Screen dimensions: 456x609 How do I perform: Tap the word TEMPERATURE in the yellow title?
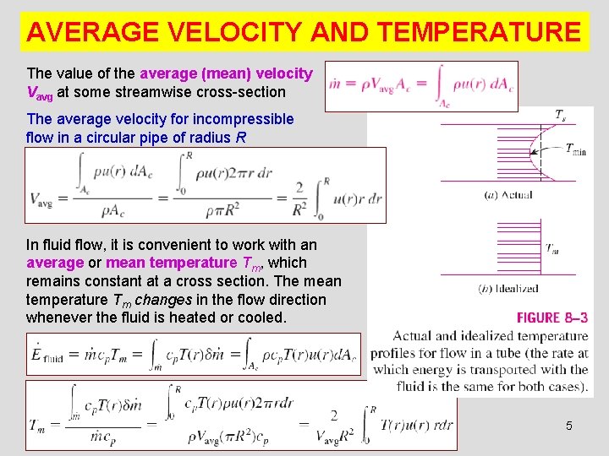pos(480,32)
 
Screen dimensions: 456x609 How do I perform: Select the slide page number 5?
pos(568,426)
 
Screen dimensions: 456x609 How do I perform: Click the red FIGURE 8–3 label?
pos(552,318)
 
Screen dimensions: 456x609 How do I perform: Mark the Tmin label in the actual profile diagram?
pos(574,150)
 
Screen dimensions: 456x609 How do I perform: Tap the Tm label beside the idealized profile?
pos(552,249)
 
